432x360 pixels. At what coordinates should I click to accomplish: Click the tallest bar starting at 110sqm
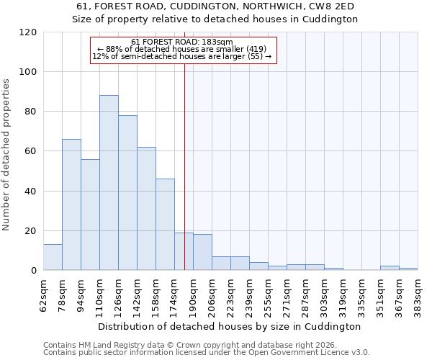(x=109, y=183)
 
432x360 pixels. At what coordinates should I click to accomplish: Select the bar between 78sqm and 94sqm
(x=71, y=204)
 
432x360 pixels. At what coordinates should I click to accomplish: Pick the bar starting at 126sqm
(x=127, y=193)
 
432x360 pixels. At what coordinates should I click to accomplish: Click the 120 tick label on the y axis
(x=28, y=32)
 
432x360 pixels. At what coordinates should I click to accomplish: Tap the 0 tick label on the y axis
(x=34, y=271)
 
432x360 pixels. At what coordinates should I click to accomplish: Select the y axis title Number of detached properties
(x=6, y=155)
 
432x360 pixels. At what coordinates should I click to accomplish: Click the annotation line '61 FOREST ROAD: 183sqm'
(x=182, y=42)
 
